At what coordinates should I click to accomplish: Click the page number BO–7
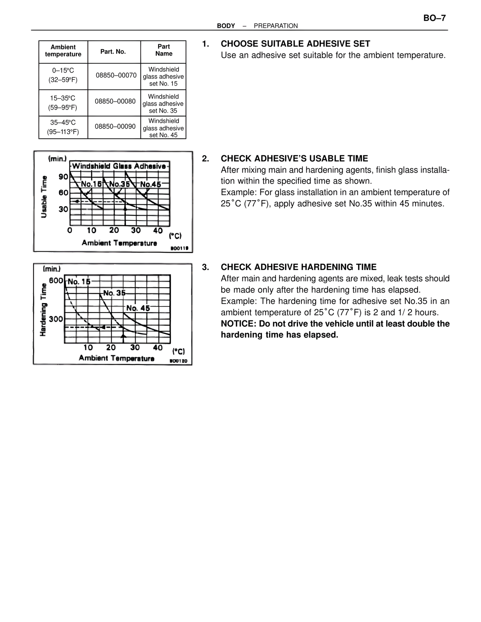coord(434,18)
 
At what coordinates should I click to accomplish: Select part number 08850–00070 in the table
coord(116,75)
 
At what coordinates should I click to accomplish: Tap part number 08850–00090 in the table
coord(115,126)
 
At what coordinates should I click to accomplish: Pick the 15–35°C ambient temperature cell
coord(63,103)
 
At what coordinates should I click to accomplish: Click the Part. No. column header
coord(113,51)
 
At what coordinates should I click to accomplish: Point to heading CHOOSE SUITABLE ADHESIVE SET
coord(295,44)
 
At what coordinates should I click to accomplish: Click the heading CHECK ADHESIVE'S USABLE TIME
coord(294,159)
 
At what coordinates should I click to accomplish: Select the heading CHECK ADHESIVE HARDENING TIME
coord(298,267)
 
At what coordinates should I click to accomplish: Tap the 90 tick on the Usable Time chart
coord(63,177)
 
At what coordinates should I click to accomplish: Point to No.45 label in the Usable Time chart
coord(150,184)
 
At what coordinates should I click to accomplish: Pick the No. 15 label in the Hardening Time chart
coord(79,282)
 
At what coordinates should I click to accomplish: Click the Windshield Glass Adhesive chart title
coord(119,166)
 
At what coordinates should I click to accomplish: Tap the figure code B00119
coord(179,248)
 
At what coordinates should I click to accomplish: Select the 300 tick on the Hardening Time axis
coord(56,319)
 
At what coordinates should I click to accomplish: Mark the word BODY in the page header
coord(226,26)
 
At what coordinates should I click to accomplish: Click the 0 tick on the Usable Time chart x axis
coord(70,230)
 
